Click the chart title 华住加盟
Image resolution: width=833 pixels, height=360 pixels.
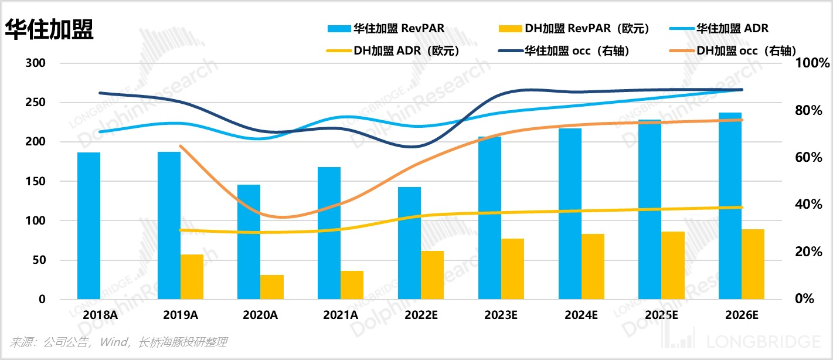click(49, 29)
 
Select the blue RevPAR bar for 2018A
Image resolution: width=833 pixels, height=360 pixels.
click(89, 226)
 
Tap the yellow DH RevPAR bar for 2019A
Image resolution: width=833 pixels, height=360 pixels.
click(192, 277)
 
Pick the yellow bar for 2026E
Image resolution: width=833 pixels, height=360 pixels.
click(753, 264)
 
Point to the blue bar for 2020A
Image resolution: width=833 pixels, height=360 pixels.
click(249, 242)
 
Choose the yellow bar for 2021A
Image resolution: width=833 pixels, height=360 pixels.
click(352, 285)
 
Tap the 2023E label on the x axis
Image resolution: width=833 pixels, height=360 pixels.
click(501, 315)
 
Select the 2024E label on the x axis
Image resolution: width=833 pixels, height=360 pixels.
click(581, 315)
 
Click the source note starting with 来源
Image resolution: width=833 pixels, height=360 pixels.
click(118, 342)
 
